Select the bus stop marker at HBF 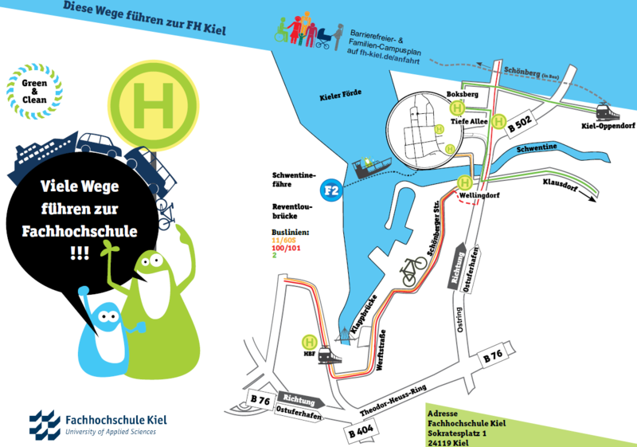[308, 341]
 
